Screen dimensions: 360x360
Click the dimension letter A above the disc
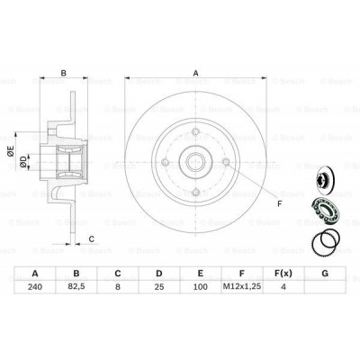point(194,74)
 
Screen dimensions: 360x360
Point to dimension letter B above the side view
point(63,74)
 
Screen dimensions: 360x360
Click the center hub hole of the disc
point(194,164)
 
